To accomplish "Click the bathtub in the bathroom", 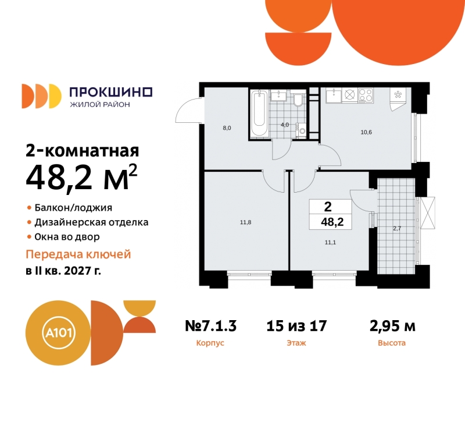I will click(259, 114).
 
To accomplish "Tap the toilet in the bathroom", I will click(298, 102).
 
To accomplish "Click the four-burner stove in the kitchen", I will click(366, 94).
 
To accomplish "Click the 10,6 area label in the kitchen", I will click(366, 132).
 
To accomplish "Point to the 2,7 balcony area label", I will click(397, 229).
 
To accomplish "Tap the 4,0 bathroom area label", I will click(285, 125).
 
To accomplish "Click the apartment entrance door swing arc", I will click(187, 109).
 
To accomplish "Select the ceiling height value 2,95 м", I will click(392, 326).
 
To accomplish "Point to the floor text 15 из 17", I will click(296, 326).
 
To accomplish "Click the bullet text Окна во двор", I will click(67, 237).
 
